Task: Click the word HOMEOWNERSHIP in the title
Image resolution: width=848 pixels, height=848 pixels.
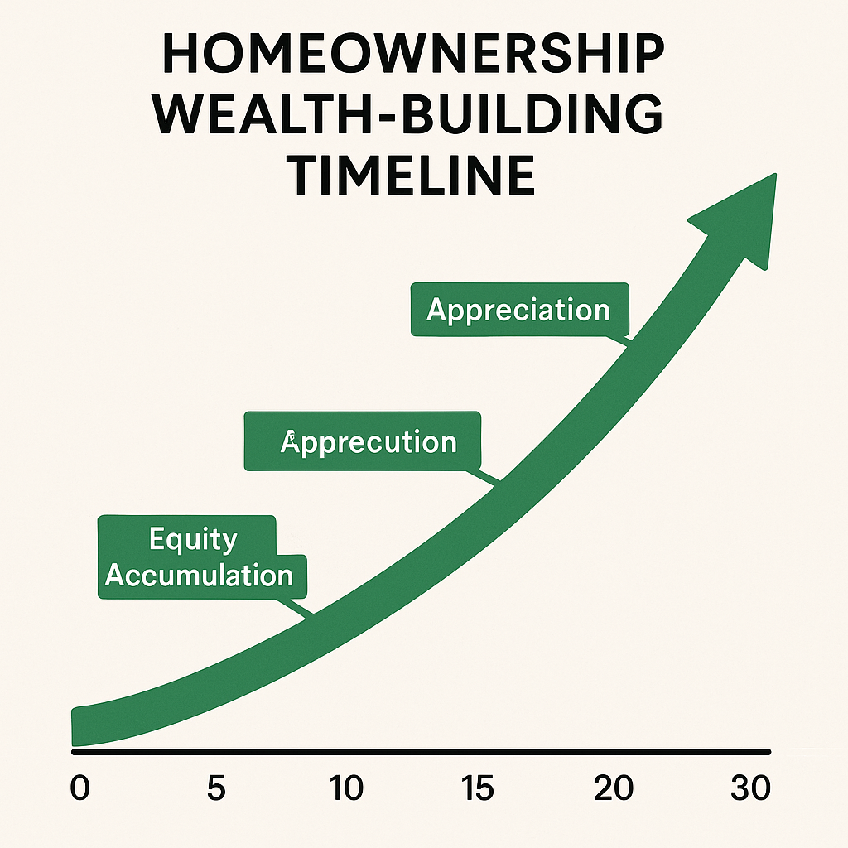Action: click(414, 54)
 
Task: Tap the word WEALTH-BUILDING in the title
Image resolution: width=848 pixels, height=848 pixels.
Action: click(410, 114)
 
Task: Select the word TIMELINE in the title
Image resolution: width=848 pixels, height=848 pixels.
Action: click(414, 175)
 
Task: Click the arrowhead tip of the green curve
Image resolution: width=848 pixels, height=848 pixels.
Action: click(775, 175)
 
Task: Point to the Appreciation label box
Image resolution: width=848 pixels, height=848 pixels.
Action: click(520, 310)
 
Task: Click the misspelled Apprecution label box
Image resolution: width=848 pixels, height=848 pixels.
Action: click(363, 441)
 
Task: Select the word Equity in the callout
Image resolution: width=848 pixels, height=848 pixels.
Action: click(193, 539)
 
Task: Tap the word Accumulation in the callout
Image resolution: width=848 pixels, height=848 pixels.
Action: click(199, 575)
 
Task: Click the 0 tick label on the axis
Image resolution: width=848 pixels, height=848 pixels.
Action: click(80, 788)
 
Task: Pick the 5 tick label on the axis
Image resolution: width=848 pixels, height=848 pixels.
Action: click(216, 788)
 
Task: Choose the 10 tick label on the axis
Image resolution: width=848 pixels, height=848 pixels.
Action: click(346, 788)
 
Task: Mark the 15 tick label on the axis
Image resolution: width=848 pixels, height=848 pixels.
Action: click(478, 788)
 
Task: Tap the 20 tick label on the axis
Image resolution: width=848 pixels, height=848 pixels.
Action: click(614, 788)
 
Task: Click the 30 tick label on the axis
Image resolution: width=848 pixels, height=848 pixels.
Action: click(750, 788)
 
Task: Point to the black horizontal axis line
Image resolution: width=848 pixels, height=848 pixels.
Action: click(421, 752)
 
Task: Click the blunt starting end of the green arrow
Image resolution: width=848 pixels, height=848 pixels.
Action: click(73, 726)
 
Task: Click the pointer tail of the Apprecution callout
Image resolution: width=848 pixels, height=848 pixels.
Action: click(484, 476)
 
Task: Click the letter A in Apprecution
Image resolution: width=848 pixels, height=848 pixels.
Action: click(289, 441)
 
